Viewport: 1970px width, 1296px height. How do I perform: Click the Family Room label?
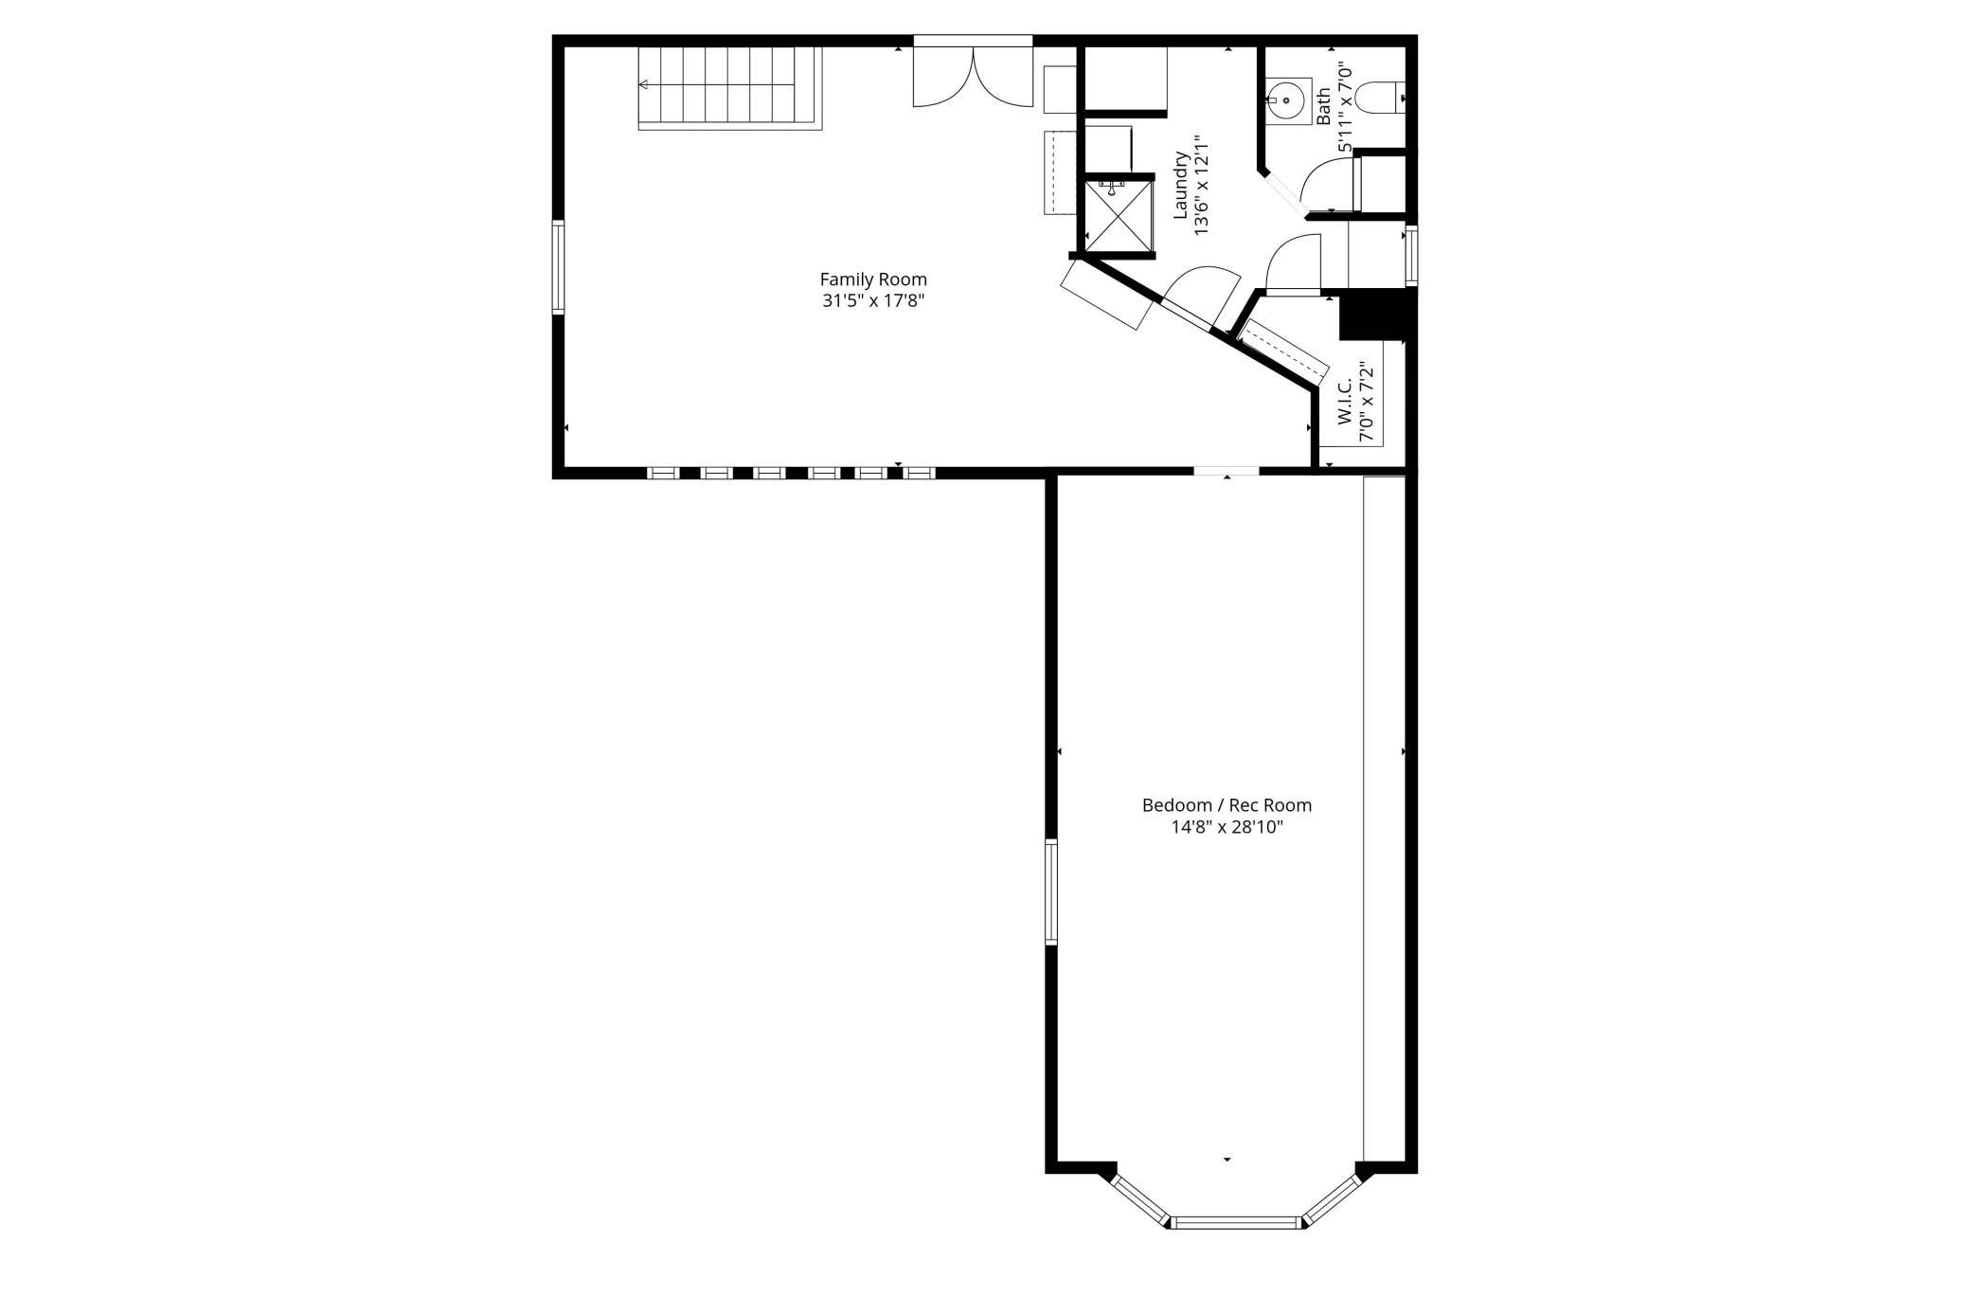[873, 279]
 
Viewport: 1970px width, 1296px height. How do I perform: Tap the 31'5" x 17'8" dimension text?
[873, 301]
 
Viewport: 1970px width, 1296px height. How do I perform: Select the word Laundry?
[1181, 185]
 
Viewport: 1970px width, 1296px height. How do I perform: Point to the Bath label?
[1323, 105]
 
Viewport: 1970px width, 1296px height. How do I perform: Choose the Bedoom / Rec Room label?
[1227, 805]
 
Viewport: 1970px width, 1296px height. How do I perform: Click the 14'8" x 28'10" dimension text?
[1227, 827]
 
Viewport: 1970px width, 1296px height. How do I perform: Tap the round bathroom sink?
[1286, 99]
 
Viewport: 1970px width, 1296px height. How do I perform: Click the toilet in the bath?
[1381, 97]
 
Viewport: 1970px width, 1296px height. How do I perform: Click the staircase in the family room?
[730, 87]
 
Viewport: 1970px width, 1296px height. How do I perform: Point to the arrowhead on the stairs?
[643, 85]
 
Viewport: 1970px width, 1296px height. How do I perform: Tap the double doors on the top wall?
[973, 76]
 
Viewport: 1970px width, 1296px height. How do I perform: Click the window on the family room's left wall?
[559, 267]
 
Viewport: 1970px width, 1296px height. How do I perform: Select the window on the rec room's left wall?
[1051, 891]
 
